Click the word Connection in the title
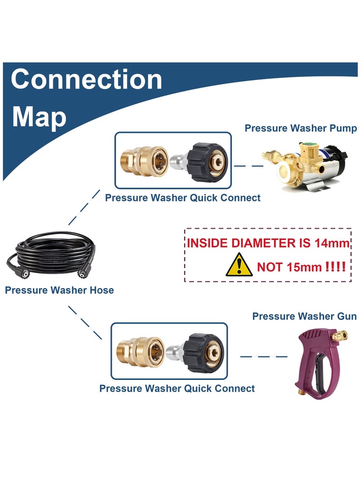coord(86,79)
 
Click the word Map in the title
coord(39,117)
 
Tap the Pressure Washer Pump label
coord(301,128)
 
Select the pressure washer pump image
coord(304,167)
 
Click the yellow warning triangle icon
coord(239,265)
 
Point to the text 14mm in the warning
coord(332,243)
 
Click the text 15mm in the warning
coord(304,267)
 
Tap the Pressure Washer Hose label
coord(59,290)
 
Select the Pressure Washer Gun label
coord(304,316)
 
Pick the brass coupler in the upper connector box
coord(144,160)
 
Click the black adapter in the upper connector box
coord(208,162)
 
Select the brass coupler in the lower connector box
coord(140,351)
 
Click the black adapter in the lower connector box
coord(204,353)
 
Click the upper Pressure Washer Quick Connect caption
coord(183,198)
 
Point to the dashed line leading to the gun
coord(264,357)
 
